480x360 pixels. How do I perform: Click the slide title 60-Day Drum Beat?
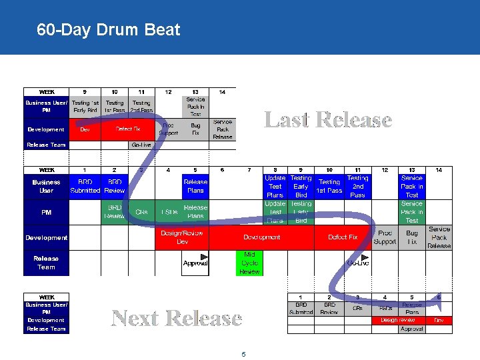pos(109,30)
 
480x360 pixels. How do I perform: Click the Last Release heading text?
pos(328,120)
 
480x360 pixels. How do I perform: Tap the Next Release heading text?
pos(176,318)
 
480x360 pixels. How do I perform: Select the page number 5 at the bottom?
pos(243,355)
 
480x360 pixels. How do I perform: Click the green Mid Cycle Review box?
pos(249,263)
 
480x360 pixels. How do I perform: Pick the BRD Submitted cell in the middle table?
pos(85,185)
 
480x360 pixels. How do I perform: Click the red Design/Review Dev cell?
pos(183,237)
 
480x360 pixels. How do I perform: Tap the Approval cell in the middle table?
pos(195,263)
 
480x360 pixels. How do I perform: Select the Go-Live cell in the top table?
pos(141,145)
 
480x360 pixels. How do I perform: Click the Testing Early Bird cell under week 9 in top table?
pos(85,106)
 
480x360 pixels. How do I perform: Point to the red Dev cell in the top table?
pos(85,129)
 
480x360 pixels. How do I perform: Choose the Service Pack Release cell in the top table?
pos(223,129)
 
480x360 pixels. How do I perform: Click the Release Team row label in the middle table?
pos(46,263)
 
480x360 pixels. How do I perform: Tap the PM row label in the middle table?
pos(46,212)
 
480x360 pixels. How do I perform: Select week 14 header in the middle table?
pos(439,170)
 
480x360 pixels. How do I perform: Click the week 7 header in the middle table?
pos(249,170)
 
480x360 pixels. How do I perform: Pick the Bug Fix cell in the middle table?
pos(412,237)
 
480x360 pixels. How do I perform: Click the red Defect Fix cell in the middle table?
pos(343,237)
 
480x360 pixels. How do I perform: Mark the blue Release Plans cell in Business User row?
pos(195,185)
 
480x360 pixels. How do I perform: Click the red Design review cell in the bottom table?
pos(398,320)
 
